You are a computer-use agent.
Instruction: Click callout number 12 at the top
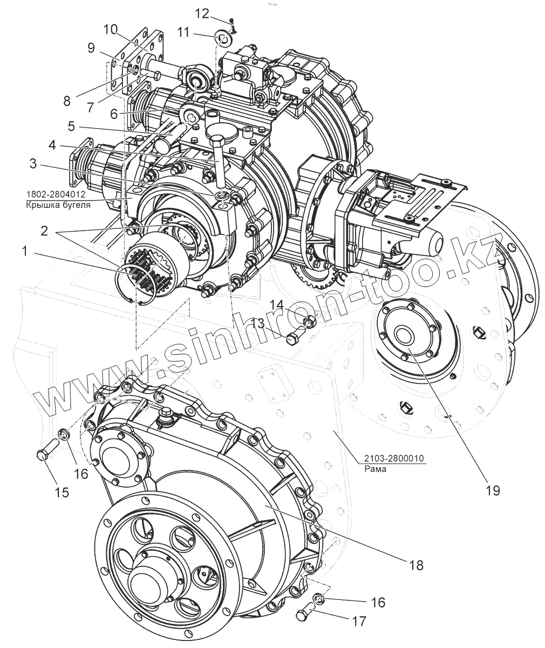pos(202,13)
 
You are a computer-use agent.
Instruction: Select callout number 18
pos(415,565)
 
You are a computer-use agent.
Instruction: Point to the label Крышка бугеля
pos(58,205)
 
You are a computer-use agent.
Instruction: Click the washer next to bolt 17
pos(318,598)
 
